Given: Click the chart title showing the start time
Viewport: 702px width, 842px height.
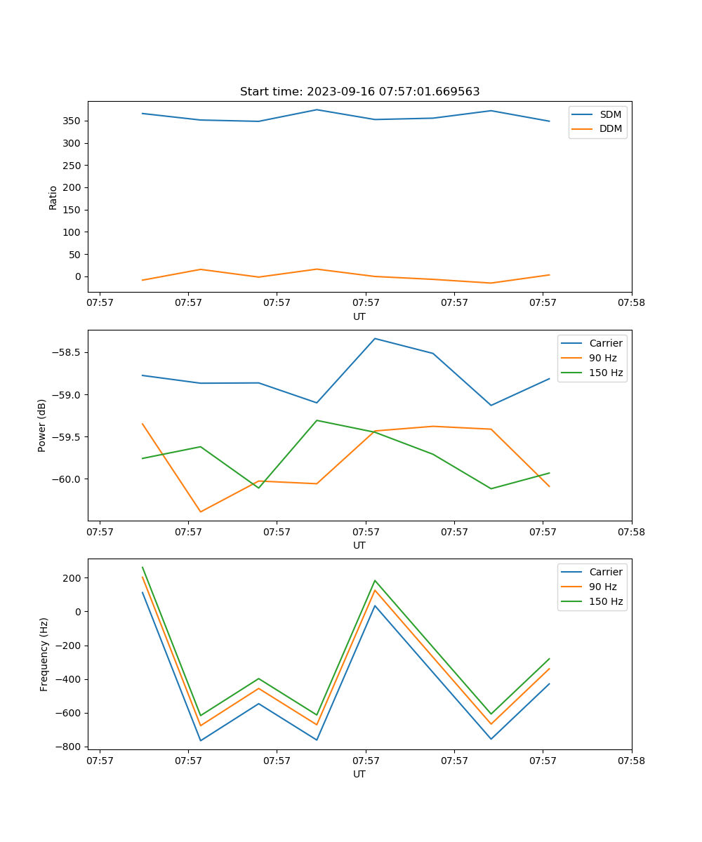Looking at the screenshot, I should click(359, 92).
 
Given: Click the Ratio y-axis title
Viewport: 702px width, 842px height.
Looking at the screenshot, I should click(53, 197).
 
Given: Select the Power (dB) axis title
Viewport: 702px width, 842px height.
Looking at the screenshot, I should click(42, 425).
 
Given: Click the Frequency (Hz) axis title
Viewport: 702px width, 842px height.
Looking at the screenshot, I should click(44, 654).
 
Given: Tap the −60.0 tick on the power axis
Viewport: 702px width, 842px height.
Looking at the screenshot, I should click(67, 479).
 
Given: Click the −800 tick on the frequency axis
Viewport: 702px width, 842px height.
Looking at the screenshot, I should click(70, 747).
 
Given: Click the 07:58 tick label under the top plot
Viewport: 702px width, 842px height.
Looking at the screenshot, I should click(631, 303).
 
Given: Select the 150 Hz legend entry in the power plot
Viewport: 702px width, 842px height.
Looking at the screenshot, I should click(606, 373).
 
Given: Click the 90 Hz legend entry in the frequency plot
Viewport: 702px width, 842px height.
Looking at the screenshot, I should click(602, 587).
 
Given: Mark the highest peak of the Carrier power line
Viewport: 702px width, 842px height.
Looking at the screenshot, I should click(375, 338).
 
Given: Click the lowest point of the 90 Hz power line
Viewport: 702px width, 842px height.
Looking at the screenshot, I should click(201, 512).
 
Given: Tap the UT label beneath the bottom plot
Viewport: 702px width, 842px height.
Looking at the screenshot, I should click(359, 774).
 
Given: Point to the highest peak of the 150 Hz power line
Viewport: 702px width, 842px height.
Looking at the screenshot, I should click(317, 420).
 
